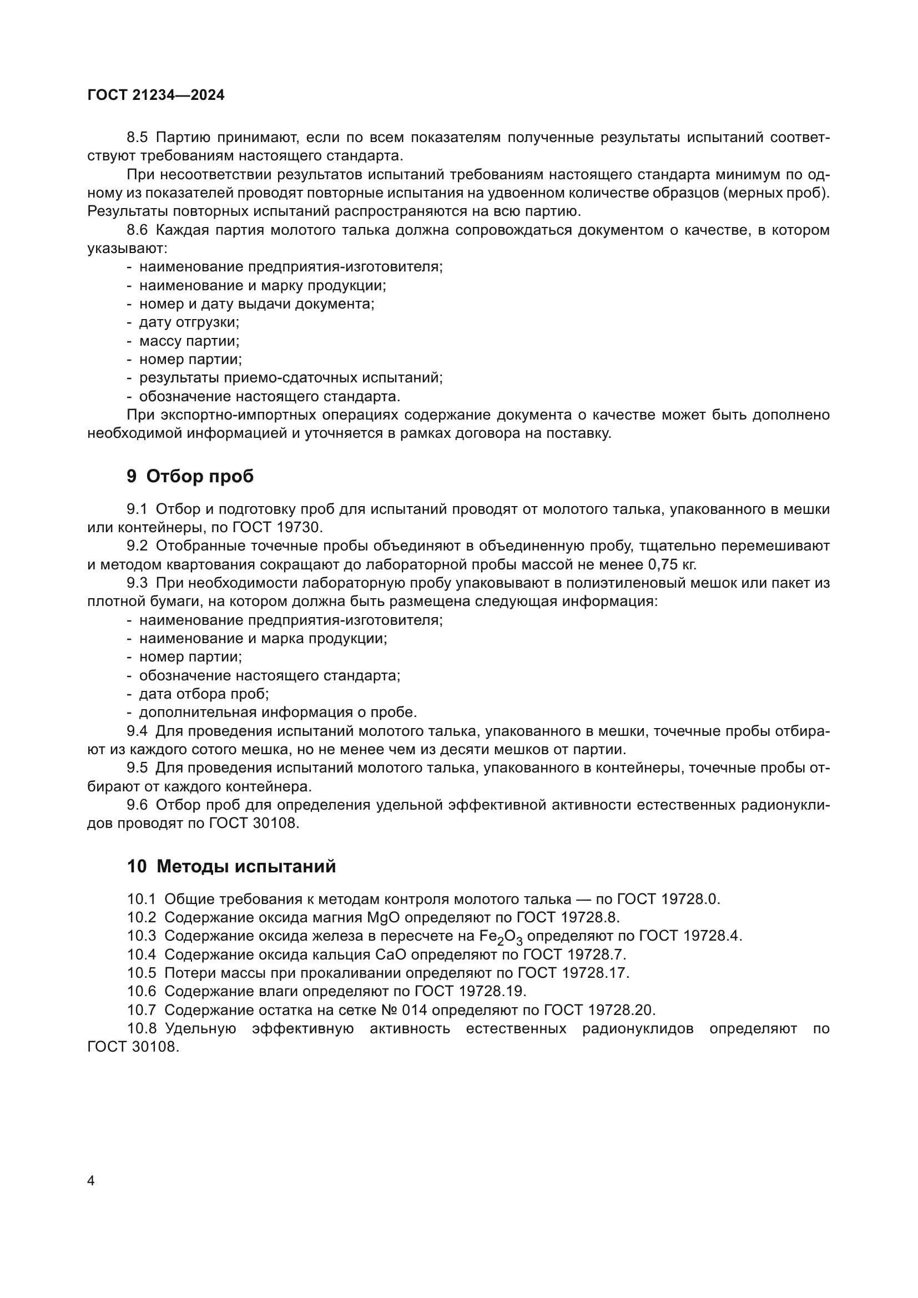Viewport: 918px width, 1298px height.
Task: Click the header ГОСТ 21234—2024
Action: tap(156, 95)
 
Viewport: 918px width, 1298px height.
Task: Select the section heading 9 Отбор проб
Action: tap(190, 477)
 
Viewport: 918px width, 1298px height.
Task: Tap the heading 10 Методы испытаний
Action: tap(231, 866)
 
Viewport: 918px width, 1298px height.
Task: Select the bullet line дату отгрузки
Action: tap(189, 322)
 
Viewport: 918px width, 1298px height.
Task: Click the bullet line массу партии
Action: tap(189, 341)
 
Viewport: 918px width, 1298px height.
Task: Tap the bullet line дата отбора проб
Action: tap(204, 694)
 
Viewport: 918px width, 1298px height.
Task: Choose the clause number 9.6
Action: tap(137, 805)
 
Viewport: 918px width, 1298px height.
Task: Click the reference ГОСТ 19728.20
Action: tap(599, 1009)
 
